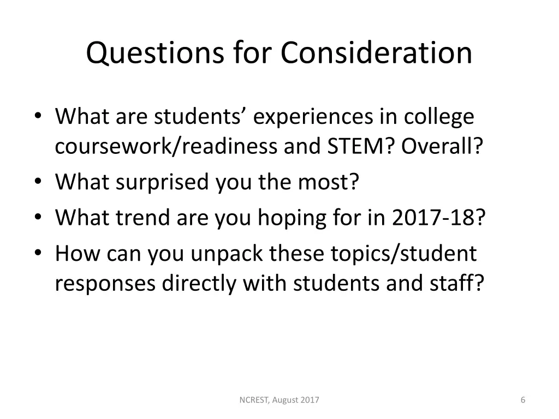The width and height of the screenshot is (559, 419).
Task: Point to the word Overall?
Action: point(442,146)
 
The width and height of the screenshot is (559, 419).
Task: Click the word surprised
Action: point(162,182)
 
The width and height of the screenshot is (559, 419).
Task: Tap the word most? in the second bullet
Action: point(329,181)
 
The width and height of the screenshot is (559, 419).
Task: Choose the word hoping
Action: point(293,219)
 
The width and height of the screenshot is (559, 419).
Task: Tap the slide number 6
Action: point(523,400)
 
